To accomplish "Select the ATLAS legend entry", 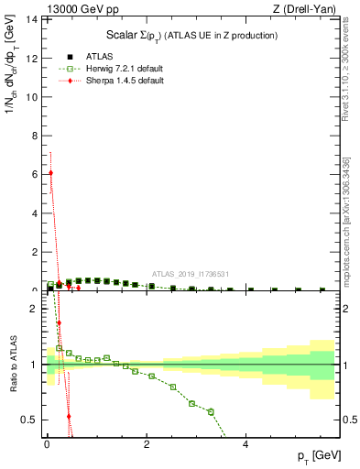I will (87, 56).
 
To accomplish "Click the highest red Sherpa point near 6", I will (50, 172).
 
